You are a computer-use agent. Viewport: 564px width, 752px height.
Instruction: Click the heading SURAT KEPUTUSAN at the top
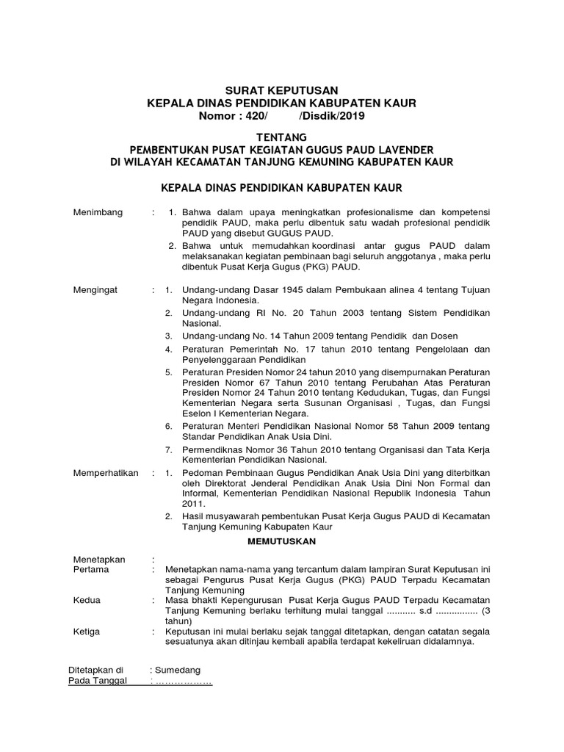(x=281, y=90)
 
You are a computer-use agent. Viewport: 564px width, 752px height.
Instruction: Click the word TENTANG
(x=281, y=137)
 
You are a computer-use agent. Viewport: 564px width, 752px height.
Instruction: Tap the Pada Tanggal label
(x=98, y=681)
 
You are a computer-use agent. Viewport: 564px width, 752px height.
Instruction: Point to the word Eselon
(x=197, y=414)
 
